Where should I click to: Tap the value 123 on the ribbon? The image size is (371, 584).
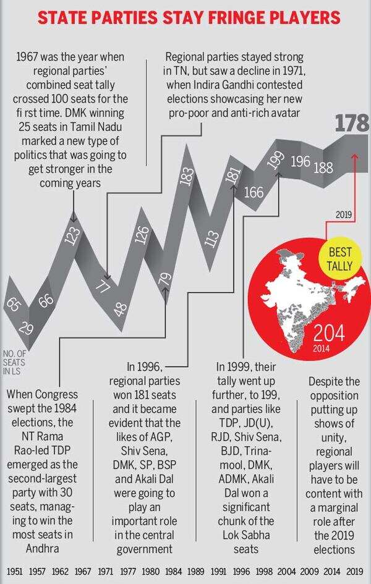coord(73,236)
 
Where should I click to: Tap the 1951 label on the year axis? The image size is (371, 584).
coord(15,570)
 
